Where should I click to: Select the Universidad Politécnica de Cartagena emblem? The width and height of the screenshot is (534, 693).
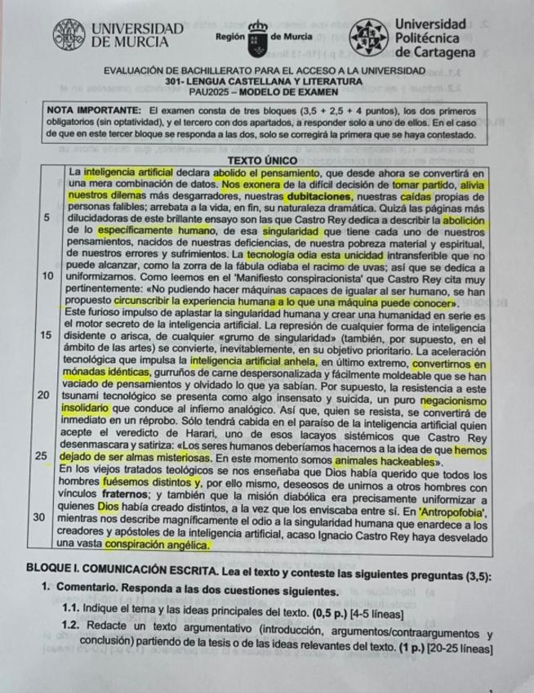pos(369,38)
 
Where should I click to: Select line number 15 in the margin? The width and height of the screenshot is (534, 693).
pos(47,335)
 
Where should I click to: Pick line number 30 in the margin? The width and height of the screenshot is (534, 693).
pos(47,518)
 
